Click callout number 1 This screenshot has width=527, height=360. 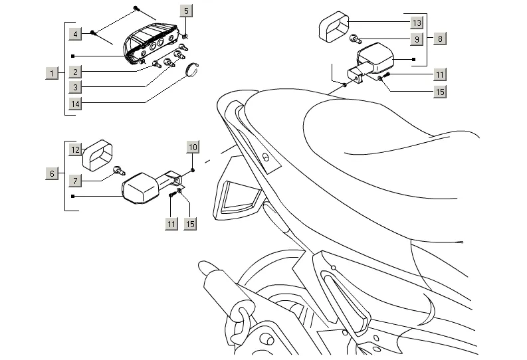pos(51,73)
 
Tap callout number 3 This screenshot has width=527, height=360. pos(76,88)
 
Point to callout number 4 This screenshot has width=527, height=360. pos(76,33)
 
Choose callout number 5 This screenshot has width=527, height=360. pos(185,11)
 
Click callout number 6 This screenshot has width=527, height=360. pos(51,174)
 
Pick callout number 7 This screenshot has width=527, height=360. pos(76,181)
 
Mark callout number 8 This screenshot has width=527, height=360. pos(440,39)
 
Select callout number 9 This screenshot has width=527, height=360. pos(416,39)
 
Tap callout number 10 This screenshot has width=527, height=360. pos(193,147)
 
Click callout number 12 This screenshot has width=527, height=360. pos(76,150)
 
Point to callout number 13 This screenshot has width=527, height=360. pos(416,23)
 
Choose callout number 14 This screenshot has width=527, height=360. pos(76,104)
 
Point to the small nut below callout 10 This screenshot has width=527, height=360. pos(193,170)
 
